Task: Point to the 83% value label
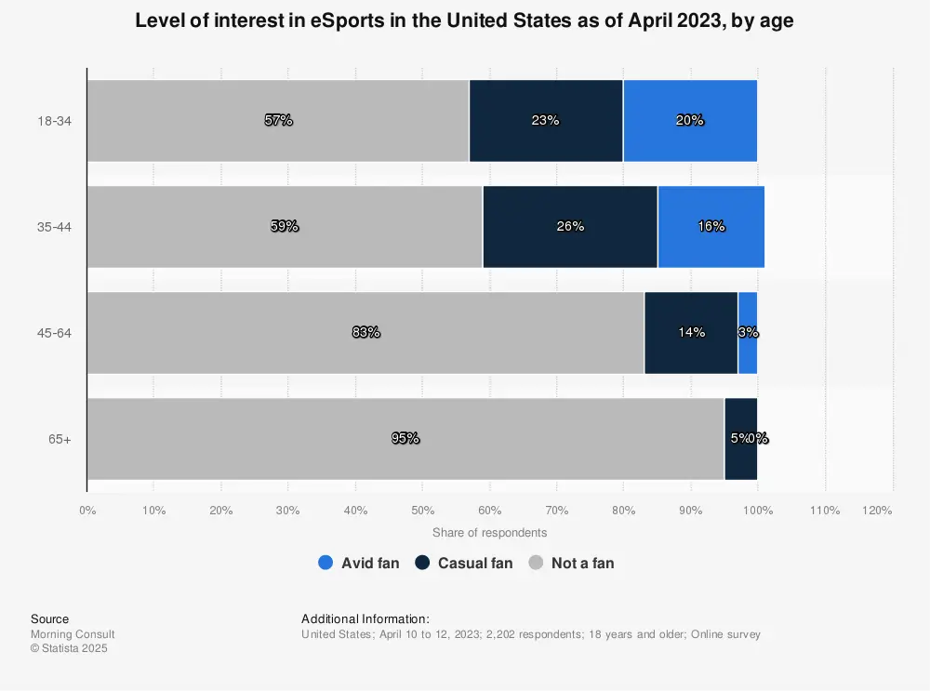365,332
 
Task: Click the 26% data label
569,226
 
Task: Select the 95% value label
405,438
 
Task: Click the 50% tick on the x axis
422,510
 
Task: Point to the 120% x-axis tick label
877,510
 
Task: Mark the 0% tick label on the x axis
87,510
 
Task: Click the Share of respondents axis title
489,533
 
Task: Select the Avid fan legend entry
359,563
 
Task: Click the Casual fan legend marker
423,563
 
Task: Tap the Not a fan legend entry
572,563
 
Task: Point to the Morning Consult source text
73,634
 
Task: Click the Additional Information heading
365,618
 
